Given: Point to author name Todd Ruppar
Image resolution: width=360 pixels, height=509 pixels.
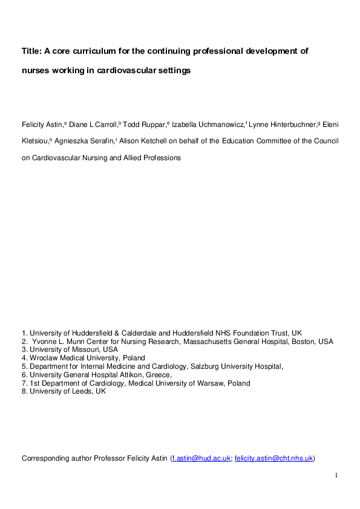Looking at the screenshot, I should point(145,125).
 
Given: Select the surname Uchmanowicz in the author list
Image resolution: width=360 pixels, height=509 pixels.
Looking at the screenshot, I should point(220,125).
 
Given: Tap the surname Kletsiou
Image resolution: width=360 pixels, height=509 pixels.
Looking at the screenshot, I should point(36,141).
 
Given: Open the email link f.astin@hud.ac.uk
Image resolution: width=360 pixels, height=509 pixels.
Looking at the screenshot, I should point(201,458).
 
